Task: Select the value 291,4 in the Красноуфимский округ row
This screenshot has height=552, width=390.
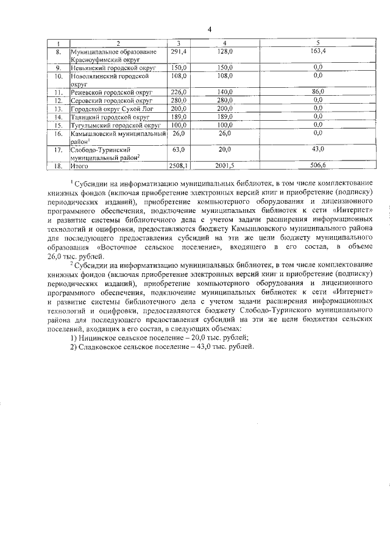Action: (178, 52)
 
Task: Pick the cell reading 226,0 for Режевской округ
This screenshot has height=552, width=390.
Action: (178, 91)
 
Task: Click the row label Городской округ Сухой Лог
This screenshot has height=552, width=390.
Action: (110, 108)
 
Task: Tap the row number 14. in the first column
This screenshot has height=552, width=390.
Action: (58, 116)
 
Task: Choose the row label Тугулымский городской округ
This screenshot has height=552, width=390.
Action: (114, 124)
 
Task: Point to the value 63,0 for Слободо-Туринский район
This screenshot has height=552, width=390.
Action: (178, 149)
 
